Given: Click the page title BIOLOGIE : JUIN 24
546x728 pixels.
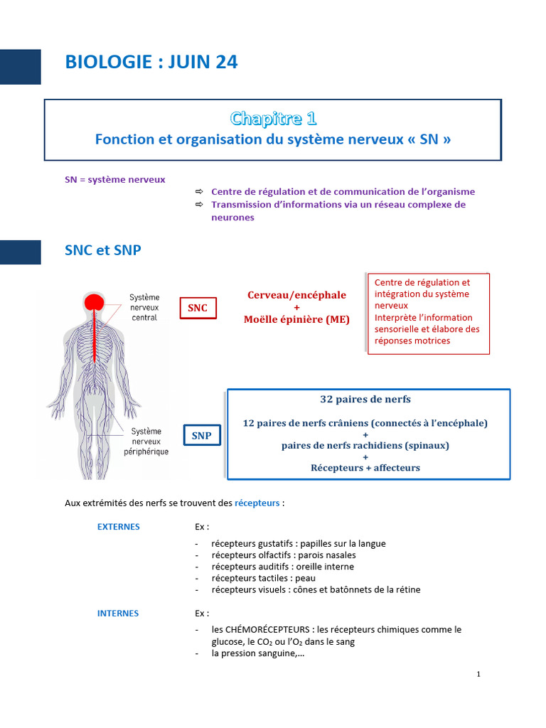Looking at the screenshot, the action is point(151,63).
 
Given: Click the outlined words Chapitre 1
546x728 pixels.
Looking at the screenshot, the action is point(274,119).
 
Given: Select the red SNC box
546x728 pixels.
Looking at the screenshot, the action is point(198,308).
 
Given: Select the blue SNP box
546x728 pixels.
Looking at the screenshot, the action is point(202,436).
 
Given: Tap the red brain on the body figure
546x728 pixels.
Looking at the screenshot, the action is point(95,302).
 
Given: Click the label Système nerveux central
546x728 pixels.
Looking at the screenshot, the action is point(144,307).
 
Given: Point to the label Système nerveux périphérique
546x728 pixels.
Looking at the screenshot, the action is point(146,441).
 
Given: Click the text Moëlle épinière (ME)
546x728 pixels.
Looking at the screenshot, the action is point(296,319).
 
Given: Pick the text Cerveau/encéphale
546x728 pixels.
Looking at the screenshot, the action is point(296,295).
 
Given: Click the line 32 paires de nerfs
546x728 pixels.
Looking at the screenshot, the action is point(365,400).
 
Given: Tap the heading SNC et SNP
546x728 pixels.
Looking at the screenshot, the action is point(103,250).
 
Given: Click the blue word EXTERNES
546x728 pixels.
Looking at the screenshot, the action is point(119,527).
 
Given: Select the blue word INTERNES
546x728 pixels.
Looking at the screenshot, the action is point(118,614).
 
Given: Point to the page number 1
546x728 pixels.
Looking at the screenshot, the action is point(478,674).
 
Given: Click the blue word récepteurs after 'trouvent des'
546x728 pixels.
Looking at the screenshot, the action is point(257,503).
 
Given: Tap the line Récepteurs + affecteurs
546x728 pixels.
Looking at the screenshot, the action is point(365,468).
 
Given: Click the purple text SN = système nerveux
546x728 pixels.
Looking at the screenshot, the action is point(115,180).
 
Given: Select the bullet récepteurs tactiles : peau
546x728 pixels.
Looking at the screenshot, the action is point(263,579).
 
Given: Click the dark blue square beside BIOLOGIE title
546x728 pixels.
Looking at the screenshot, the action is point(21,67).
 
